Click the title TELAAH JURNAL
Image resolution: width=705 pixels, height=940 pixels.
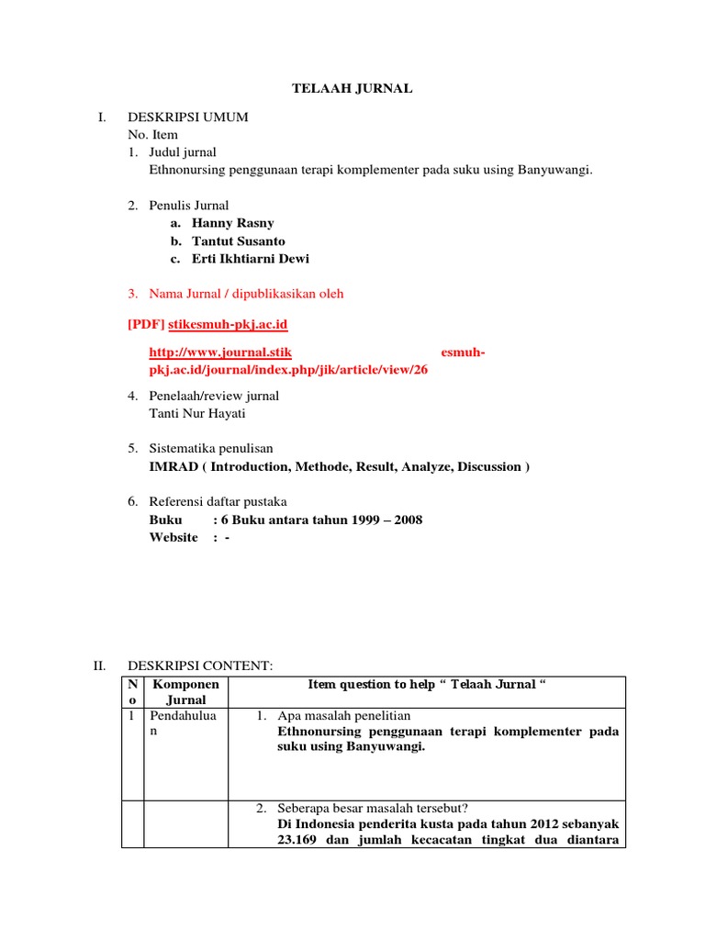[x=352, y=88]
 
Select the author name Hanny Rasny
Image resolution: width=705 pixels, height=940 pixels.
[x=232, y=223]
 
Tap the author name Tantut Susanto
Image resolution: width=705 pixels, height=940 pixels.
[x=238, y=241]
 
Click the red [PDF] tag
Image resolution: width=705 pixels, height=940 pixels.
[x=146, y=325]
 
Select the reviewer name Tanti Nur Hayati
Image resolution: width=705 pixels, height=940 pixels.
[x=197, y=413]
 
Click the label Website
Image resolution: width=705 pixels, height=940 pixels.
[x=173, y=537]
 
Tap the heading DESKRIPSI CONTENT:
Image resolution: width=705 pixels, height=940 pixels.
[x=200, y=666]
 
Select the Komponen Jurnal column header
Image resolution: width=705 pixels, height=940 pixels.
[x=185, y=691]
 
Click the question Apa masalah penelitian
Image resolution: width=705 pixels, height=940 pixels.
[x=343, y=715]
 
